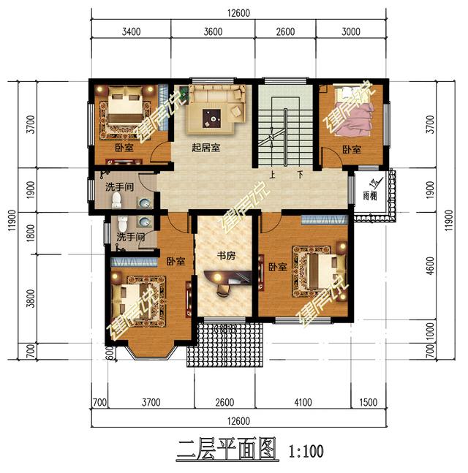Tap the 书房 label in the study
pos(225,257)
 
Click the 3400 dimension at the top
pos(130,31)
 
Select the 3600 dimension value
pos(213,31)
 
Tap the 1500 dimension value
pos(369,403)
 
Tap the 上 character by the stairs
pos(272,175)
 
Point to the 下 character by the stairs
pos(300,175)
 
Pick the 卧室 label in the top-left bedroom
pos(124,148)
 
